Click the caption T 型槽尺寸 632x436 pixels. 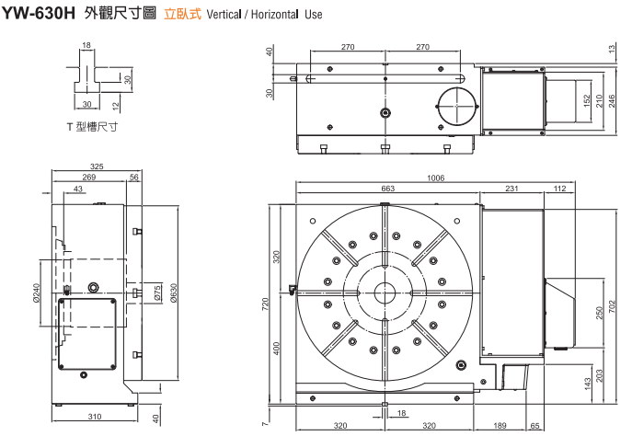[92, 125]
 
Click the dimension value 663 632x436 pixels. [387, 189]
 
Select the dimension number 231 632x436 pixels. [511, 189]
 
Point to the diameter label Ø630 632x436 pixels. [172, 293]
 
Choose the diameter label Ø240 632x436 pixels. [37, 293]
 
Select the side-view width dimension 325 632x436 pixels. [98, 166]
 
